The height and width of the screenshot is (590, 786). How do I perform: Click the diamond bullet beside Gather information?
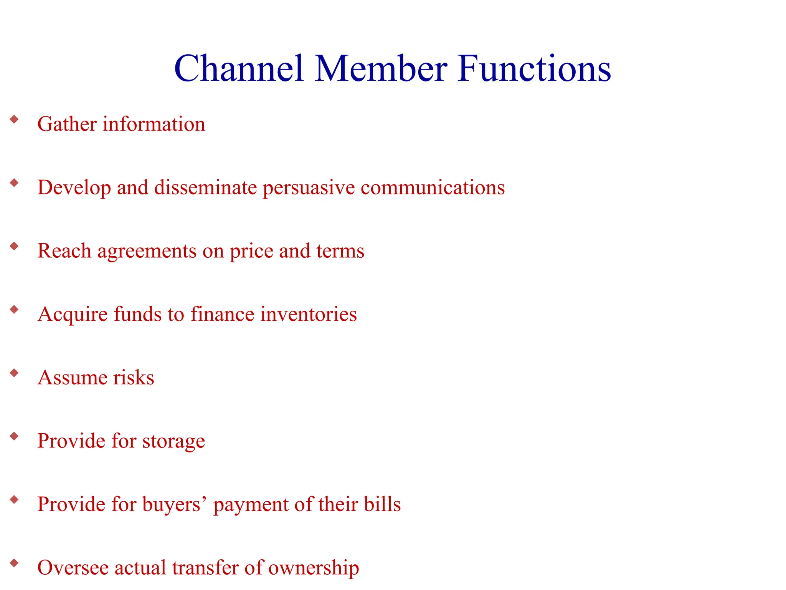coord(15,119)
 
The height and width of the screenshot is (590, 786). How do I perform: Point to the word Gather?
coord(67,124)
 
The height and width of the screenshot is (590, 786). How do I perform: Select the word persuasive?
coord(309,188)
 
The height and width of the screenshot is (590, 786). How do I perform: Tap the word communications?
coord(433,187)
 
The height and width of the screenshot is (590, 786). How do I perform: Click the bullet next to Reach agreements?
coord(15,246)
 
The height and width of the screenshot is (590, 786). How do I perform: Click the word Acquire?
coord(73,315)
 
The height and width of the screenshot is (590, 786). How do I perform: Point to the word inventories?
coord(309,314)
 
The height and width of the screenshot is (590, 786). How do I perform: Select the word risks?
coord(134,377)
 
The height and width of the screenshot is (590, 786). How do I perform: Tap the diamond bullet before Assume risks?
coord(15,373)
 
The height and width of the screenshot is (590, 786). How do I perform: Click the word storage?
coord(173,441)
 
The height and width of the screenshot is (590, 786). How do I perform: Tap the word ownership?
coord(313,568)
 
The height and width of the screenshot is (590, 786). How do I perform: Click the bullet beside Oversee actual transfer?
coord(15,563)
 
